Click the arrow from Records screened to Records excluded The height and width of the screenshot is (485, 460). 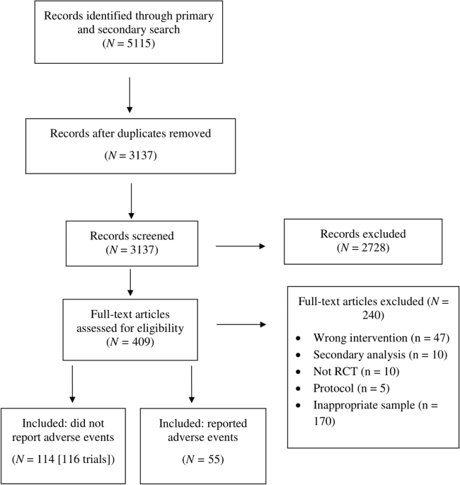click(x=240, y=246)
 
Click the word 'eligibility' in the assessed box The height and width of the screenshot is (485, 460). click(x=164, y=328)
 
